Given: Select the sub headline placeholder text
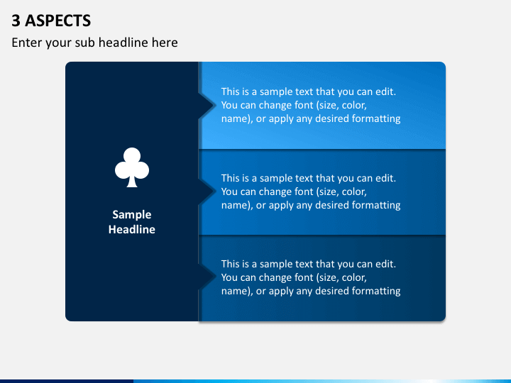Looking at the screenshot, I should tap(94, 43).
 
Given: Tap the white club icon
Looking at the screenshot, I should tap(132, 167).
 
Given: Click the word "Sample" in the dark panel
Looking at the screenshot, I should tap(132, 215).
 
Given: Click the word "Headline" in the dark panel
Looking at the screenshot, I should tap(132, 230).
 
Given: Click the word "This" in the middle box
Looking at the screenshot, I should tap(231, 178).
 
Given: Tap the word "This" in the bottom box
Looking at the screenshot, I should tap(231, 264).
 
